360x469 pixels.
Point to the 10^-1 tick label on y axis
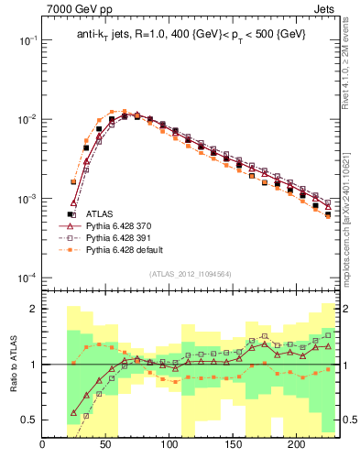click(x=27, y=41)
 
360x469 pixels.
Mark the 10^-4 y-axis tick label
click(x=27, y=278)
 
